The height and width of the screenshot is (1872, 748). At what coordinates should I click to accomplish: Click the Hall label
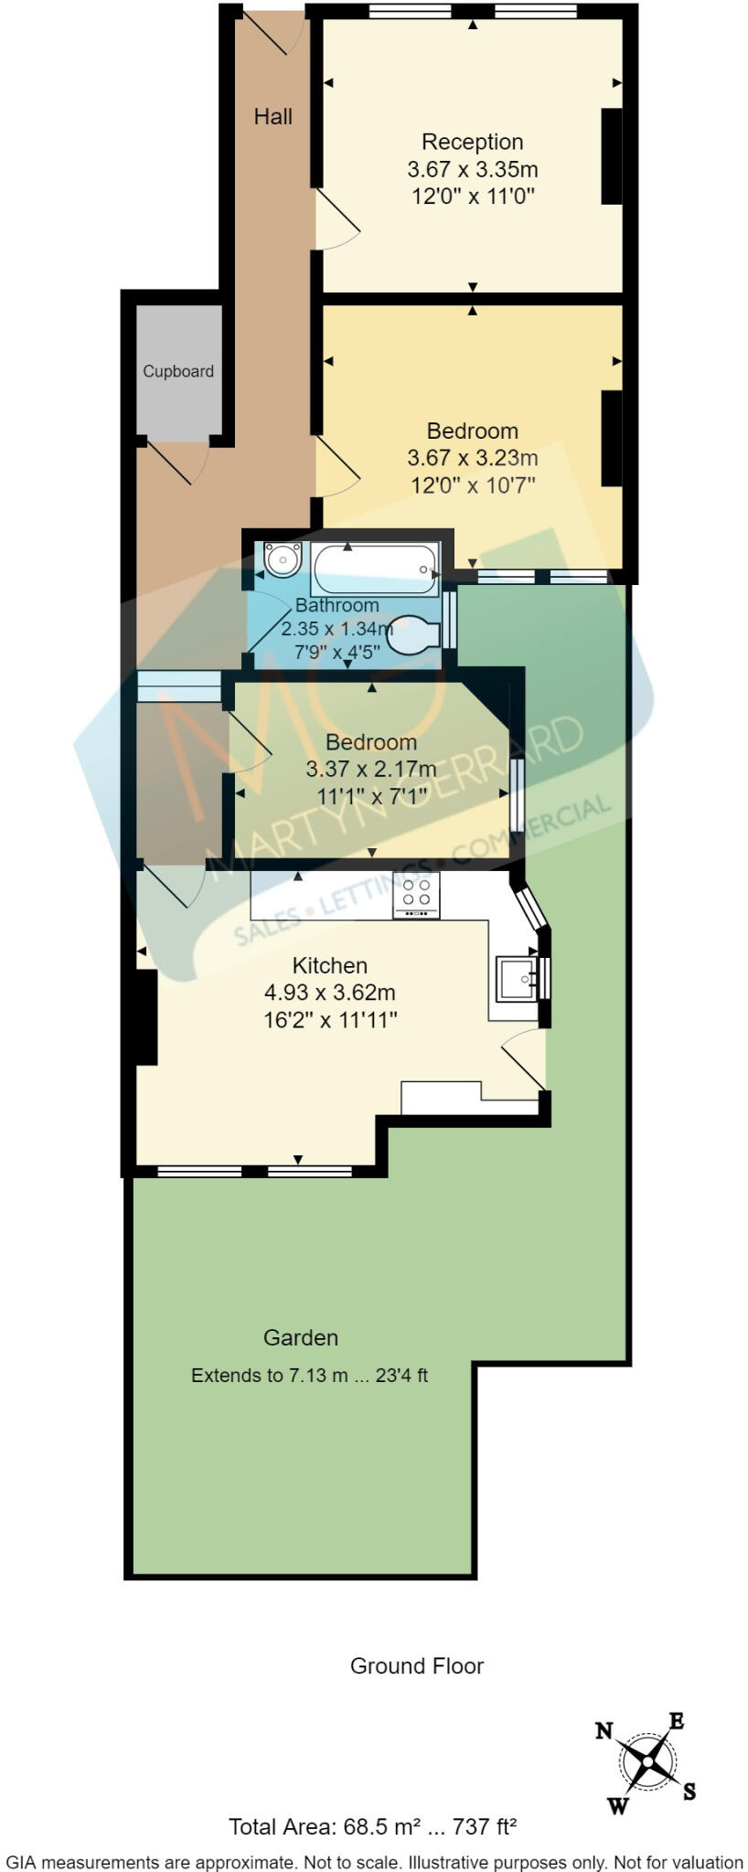[273, 116]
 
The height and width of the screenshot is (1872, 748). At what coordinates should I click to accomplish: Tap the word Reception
[472, 142]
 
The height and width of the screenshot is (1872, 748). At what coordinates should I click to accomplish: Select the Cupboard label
[178, 371]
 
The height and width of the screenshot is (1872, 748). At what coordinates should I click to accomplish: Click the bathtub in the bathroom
[376, 570]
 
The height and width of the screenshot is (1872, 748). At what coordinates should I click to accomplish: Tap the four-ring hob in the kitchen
[416, 894]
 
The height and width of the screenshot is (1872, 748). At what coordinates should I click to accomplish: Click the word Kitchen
[329, 965]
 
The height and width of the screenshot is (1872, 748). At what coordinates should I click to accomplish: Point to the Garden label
[301, 1337]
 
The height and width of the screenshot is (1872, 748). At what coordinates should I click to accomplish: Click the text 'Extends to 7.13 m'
[270, 1375]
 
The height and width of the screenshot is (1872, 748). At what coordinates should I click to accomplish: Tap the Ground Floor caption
[417, 1665]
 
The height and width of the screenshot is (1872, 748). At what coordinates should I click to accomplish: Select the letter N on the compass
[604, 1730]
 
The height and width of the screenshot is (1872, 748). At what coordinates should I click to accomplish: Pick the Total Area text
[372, 1827]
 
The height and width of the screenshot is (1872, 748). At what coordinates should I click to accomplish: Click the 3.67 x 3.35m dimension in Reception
[472, 169]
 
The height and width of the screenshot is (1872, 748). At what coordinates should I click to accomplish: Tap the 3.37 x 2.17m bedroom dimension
[370, 770]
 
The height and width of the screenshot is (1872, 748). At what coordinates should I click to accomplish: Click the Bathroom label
[337, 605]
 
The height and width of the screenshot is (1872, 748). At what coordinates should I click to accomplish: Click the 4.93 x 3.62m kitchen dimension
[329, 993]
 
